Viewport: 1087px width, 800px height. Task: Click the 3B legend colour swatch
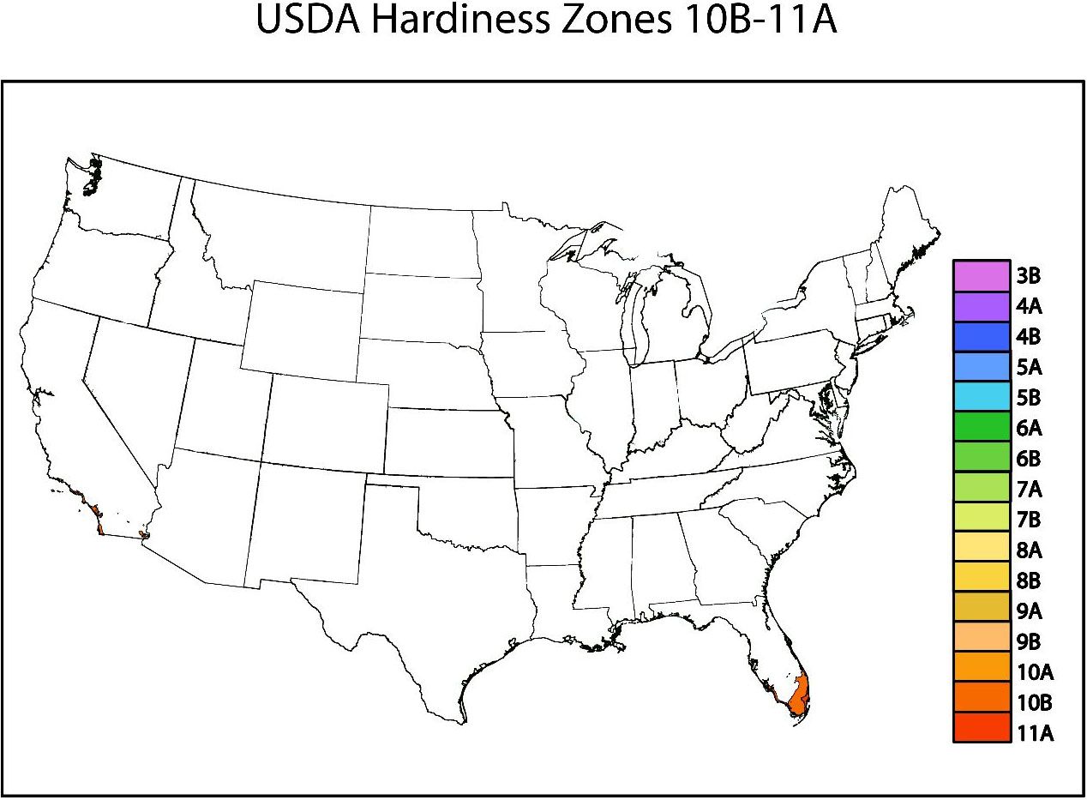pyautogui.click(x=981, y=275)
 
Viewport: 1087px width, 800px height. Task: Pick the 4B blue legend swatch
pyautogui.click(x=981, y=336)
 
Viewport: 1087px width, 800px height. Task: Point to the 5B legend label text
pyautogui.click(x=1028, y=398)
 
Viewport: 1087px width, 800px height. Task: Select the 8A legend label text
pyautogui.click(x=1029, y=550)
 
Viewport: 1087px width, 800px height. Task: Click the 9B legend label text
pyautogui.click(x=1029, y=642)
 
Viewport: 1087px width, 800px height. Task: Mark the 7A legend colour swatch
pyautogui.click(x=981, y=489)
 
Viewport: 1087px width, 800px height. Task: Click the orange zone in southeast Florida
pyautogui.click(x=799, y=695)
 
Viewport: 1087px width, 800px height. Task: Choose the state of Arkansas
pyautogui.click(x=555, y=524)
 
